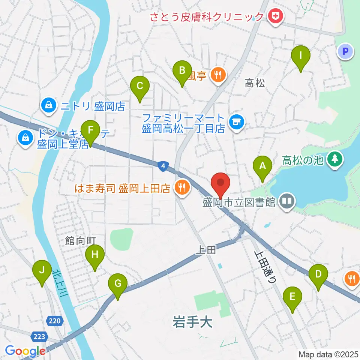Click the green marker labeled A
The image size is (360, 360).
coord(262,165)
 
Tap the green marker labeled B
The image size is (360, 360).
coord(182,70)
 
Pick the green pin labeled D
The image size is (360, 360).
coord(318,274)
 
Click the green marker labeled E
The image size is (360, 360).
coord(292,296)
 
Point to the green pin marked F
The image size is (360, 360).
coord(90,130)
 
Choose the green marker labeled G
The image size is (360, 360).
coord(118,283)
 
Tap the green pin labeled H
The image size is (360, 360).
coord(94,255)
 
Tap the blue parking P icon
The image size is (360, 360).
coord(345,51)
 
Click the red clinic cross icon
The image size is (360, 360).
coord(276,16)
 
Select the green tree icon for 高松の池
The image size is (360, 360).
coord(333,159)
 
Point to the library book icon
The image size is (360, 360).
coord(287,202)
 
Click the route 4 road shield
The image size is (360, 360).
coord(162,166)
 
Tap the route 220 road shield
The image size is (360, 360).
coord(54,321)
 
